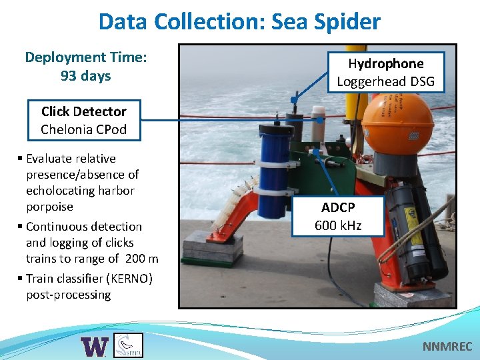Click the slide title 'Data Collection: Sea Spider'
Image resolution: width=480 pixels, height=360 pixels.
(239, 21)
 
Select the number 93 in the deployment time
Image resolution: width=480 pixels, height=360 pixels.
(68, 76)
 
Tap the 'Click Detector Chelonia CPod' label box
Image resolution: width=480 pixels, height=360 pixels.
(83, 120)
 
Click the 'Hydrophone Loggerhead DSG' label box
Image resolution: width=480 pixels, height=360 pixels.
(385, 73)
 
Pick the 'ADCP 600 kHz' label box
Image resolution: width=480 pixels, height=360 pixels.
(337, 216)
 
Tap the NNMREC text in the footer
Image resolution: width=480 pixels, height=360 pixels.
(447, 347)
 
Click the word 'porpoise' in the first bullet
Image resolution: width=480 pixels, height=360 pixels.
(49, 207)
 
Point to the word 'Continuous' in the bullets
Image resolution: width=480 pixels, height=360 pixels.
(59, 227)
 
